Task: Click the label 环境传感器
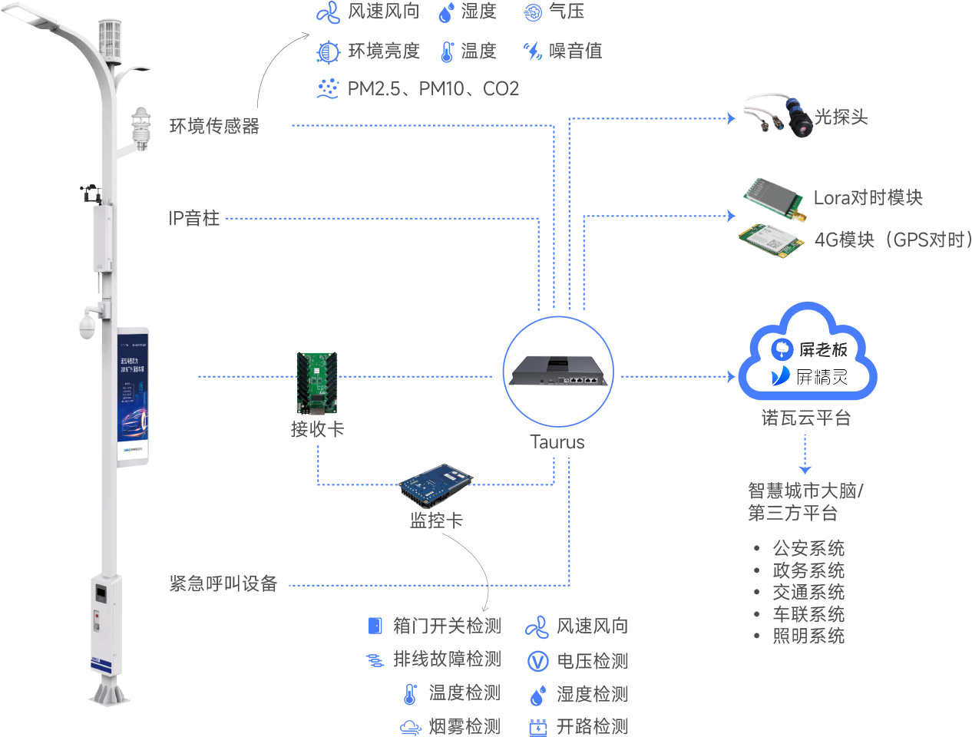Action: coord(214,126)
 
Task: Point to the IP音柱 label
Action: coord(194,218)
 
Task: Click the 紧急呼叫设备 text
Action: coord(223,583)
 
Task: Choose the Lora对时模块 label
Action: coord(868,198)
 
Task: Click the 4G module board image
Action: coord(767,240)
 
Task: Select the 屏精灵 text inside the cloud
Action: coord(821,376)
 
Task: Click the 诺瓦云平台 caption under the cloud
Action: coord(805,418)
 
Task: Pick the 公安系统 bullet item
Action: coord(808,548)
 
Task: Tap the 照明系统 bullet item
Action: coord(808,636)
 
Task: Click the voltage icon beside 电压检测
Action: coord(538,661)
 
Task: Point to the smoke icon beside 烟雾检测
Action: coord(411,726)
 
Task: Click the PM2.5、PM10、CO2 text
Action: coord(433,89)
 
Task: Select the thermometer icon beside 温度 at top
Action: coord(448,51)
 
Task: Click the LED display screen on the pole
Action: coord(133,396)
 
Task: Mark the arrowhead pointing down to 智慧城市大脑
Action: coord(805,470)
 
